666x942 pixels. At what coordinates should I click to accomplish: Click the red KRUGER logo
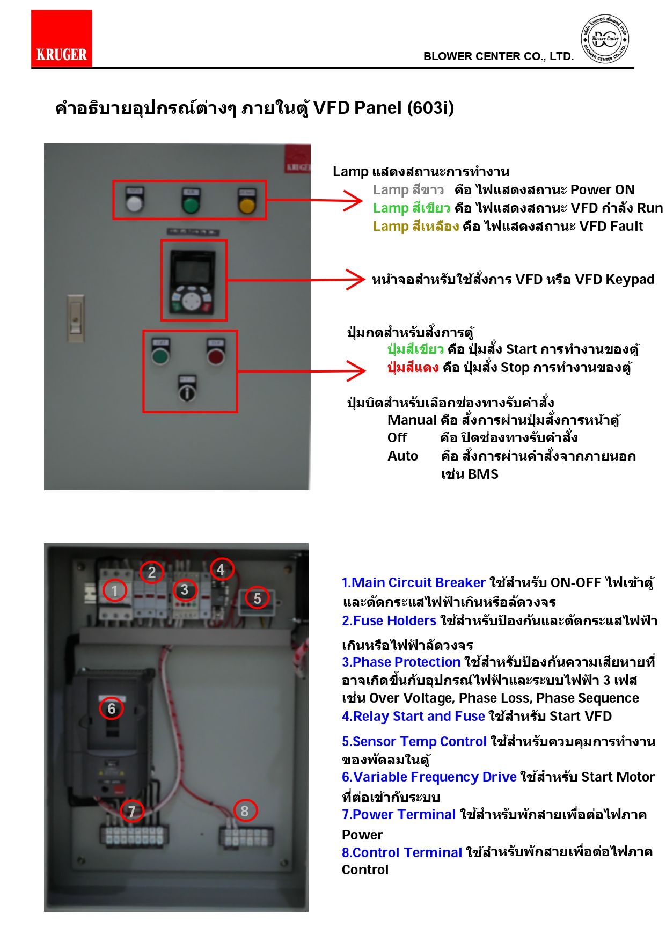pyautogui.click(x=62, y=39)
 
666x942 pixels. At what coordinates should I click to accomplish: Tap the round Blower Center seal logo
pyautogui.click(x=605, y=39)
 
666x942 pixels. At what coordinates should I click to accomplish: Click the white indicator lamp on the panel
pyautogui.click(x=134, y=203)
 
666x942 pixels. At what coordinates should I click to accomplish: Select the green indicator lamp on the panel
pyautogui.click(x=191, y=204)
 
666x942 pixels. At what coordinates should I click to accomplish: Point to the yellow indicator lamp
pyautogui.click(x=247, y=205)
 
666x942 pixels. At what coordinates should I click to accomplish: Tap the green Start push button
pyautogui.click(x=160, y=355)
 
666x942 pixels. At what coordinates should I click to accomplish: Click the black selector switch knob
pyautogui.click(x=187, y=392)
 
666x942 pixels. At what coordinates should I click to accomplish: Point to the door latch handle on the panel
pyautogui.click(x=76, y=318)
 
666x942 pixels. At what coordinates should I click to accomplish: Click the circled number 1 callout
pyautogui.click(x=114, y=591)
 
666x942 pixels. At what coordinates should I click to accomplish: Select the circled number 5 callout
pyautogui.click(x=257, y=598)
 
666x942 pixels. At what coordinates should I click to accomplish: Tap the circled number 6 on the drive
pyautogui.click(x=112, y=709)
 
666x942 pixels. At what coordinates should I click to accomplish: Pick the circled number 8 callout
pyautogui.click(x=245, y=810)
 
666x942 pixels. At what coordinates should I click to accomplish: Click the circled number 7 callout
pyautogui.click(x=132, y=811)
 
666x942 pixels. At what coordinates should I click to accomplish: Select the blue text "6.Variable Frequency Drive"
pyautogui.click(x=429, y=777)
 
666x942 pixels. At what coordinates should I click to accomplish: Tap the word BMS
pyautogui.click(x=483, y=474)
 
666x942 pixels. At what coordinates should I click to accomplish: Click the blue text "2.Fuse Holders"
pyautogui.click(x=389, y=621)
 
